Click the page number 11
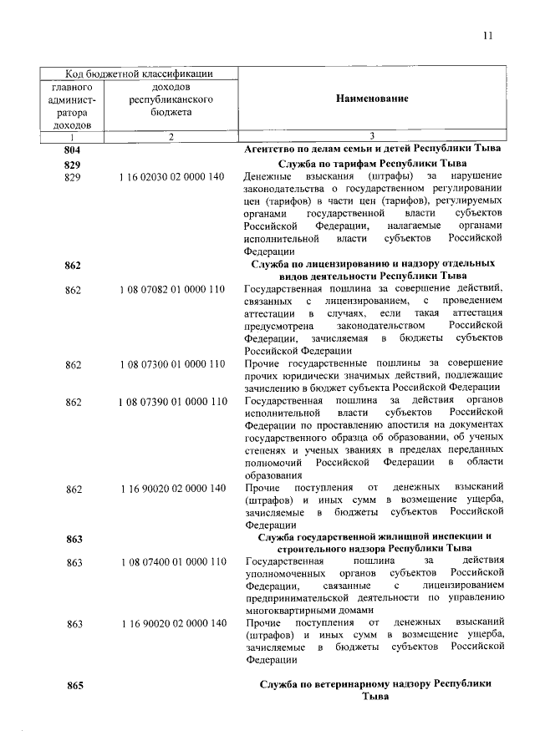[488, 35]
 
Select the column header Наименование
[372, 99]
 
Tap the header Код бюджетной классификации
[139, 74]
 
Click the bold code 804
[73, 149]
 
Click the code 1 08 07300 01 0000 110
[172, 364]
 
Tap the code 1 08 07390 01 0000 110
[172, 402]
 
